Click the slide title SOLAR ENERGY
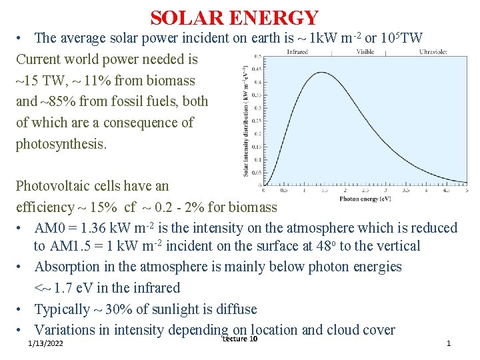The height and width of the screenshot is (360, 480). pyautogui.click(x=235, y=17)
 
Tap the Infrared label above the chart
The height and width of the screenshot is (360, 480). pyautogui.click(x=297, y=51)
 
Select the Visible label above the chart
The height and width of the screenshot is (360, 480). pyautogui.click(x=365, y=51)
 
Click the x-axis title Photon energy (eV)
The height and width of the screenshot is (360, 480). pyautogui.click(x=365, y=199)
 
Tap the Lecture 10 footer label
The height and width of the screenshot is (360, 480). pyautogui.click(x=239, y=339)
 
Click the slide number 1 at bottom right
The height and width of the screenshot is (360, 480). pyautogui.click(x=449, y=343)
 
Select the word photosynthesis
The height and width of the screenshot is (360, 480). pyautogui.click(x=60, y=143)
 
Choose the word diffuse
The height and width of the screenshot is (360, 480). pyautogui.click(x=233, y=309)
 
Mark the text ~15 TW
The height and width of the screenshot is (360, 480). pyautogui.click(x=39, y=81)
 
